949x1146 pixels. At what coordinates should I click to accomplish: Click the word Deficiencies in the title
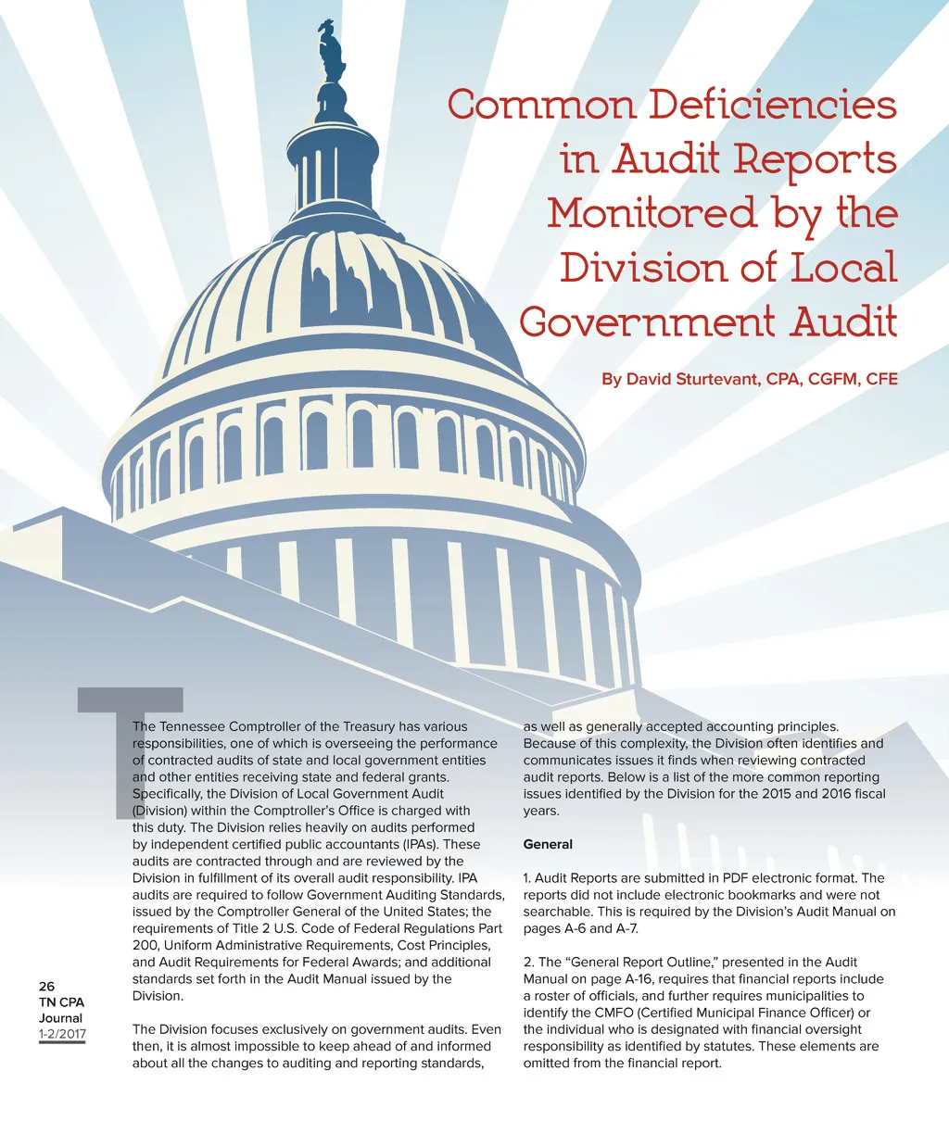coord(772,104)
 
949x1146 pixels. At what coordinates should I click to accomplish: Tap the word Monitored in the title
coord(650,213)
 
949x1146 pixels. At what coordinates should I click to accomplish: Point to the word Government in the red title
coord(646,322)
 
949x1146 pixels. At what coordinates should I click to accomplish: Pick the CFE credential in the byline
coord(881,378)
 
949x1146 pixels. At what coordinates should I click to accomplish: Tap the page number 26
coord(46,986)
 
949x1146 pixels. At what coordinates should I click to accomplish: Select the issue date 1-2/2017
coord(62,1034)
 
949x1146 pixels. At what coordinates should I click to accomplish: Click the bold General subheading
coord(548,844)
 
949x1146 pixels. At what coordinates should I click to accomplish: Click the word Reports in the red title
coord(815,158)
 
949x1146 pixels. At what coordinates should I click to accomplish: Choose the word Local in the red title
coord(843,268)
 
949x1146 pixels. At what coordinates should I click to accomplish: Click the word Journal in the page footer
coord(60,1017)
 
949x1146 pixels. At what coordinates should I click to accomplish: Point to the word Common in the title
coord(542,104)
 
